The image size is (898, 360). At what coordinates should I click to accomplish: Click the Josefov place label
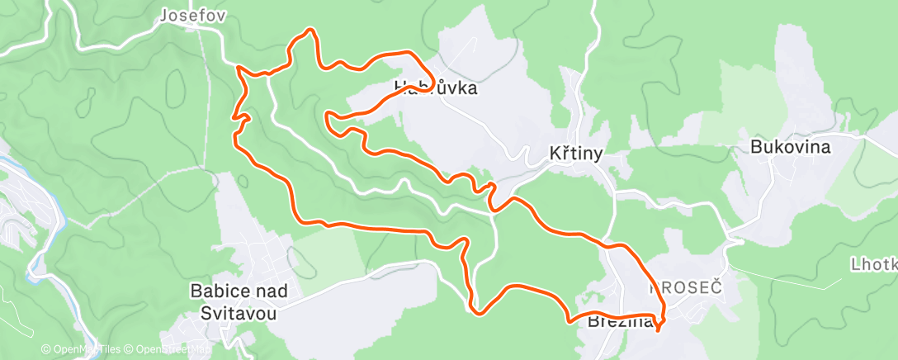tap(192, 15)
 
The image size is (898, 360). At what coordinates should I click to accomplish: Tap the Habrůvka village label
tap(436, 87)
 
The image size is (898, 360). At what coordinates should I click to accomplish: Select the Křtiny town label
tap(576, 153)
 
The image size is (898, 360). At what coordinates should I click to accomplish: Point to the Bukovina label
tap(790, 147)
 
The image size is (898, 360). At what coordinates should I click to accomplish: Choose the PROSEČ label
tap(686, 288)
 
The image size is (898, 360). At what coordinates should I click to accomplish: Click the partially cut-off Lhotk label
tap(874, 264)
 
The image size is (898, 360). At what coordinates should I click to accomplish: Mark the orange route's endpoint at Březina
tap(658, 329)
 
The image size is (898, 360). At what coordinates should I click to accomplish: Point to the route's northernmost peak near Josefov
tap(310, 31)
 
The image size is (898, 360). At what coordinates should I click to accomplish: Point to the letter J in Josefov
tap(163, 15)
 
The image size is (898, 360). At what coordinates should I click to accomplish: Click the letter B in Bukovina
tap(755, 147)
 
